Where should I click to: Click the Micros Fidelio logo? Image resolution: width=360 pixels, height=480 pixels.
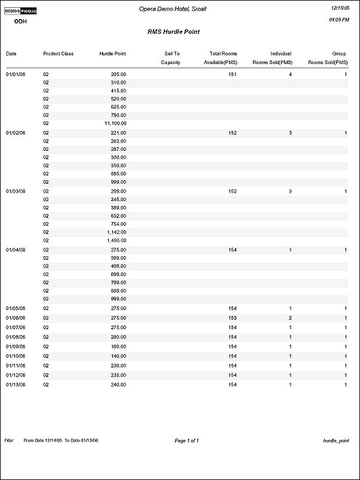20,10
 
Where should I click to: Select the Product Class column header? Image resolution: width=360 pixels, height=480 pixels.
58,54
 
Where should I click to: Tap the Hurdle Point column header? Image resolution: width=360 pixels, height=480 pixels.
112,54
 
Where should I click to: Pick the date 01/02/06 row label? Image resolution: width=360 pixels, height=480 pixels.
15,133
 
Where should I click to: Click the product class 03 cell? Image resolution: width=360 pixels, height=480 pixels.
45,327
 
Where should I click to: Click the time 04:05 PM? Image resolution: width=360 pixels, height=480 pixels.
339,20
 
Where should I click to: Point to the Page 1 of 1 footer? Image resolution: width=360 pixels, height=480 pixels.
187,440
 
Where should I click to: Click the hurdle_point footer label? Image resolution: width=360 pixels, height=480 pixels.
335,440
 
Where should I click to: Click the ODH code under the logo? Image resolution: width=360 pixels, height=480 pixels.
20,21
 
